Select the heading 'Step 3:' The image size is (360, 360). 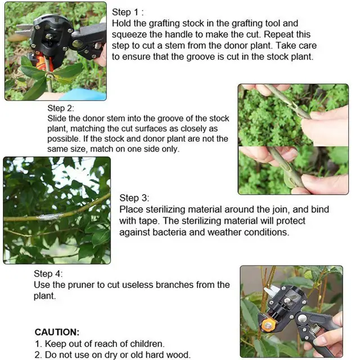pos(134,198)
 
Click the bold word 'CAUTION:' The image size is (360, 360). pos(57,332)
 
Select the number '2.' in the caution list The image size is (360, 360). pos(39,354)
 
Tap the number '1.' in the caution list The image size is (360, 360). pos(39,343)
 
